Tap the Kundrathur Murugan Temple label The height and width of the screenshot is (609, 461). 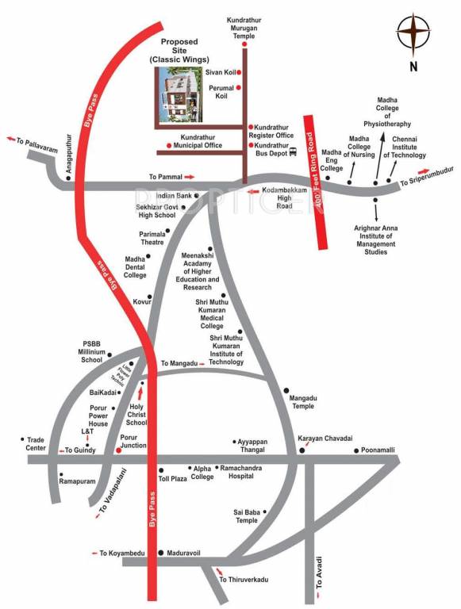245,25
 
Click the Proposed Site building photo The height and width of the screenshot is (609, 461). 179,95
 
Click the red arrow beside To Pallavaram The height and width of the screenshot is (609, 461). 11,140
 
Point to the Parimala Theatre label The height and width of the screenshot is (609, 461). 152,239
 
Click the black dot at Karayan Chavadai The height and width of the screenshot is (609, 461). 302,450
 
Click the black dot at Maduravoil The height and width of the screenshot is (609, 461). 161,552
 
